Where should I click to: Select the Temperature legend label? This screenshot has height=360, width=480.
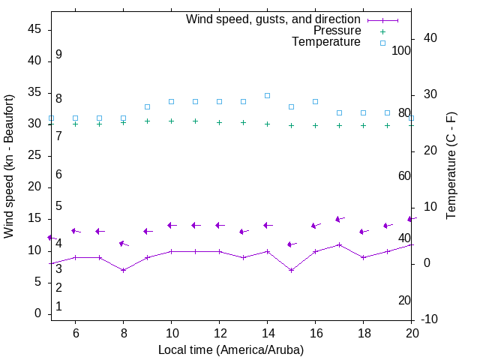[x=326, y=42]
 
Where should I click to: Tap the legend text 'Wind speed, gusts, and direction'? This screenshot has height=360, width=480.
[x=274, y=19]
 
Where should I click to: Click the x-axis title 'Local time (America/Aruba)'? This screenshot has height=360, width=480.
[x=231, y=349]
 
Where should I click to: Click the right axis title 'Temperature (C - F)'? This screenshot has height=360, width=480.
[x=451, y=166]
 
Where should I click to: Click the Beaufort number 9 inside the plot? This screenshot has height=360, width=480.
[x=58, y=55]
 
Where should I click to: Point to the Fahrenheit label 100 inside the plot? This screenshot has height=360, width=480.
[x=401, y=50]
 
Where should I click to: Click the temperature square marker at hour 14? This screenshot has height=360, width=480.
[x=267, y=95]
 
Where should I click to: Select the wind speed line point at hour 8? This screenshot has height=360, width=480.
[x=123, y=270]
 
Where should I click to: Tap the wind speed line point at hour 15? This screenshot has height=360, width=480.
[x=291, y=270]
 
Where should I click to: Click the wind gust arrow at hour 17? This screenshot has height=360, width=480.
[x=339, y=219]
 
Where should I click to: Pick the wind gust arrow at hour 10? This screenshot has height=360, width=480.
[x=171, y=225]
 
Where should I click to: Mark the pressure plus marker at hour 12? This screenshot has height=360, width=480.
[x=219, y=122]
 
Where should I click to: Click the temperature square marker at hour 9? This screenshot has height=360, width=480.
[x=147, y=106]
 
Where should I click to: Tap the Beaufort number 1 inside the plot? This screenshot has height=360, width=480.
[x=58, y=307]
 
